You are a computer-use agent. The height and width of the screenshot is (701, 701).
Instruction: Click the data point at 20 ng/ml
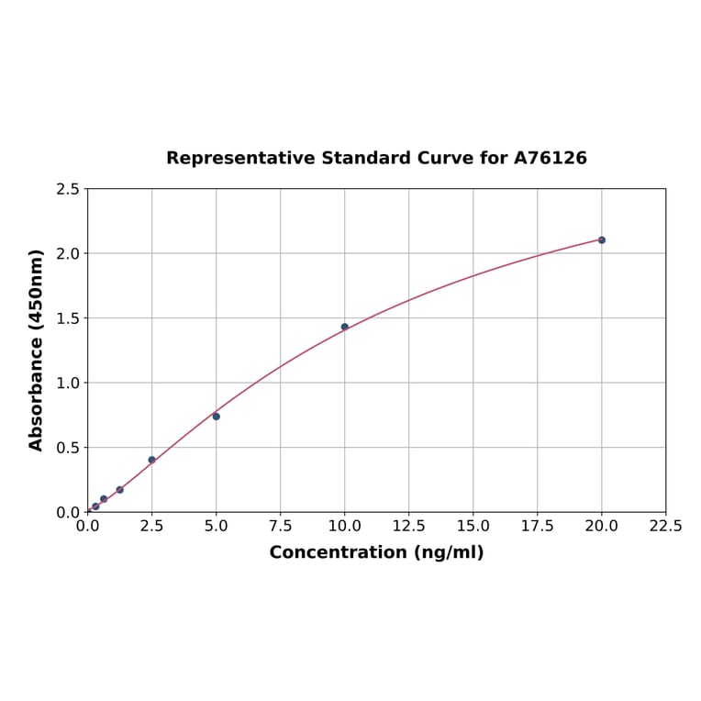coord(602,239)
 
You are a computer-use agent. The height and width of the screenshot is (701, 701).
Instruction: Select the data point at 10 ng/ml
coord(345,327)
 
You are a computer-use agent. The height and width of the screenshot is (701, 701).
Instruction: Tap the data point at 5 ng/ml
coord(217,417)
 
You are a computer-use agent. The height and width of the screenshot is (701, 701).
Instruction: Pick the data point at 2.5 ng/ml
coord(152,460)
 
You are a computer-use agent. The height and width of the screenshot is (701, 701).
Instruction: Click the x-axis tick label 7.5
coord(280,527)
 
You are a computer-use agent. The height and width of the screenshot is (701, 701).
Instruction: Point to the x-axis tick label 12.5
coord(408,527)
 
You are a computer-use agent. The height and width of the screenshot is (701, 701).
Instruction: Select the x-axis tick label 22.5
coord(665,527)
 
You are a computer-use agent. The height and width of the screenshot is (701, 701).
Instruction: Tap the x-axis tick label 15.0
coord(473,527)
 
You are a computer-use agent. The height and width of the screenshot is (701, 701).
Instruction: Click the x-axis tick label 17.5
coord(537,527)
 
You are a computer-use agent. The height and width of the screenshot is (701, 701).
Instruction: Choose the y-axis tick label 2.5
coord(68,189)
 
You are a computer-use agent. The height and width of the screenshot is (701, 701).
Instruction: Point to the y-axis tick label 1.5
coord(68,318)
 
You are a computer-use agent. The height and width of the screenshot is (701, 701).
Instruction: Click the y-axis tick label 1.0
coord(68,383)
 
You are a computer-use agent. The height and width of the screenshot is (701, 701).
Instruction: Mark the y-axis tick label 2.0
coord(68,253)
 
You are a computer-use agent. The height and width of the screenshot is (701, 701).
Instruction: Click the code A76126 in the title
coord(550,158)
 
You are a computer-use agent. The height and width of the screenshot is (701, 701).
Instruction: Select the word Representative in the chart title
coord(240,158)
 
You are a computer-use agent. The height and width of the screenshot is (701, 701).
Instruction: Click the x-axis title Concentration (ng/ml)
coord(376,552)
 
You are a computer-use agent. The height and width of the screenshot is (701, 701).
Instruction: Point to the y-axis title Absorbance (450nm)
coord(37,350)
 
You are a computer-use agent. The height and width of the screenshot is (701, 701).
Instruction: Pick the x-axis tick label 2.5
coord(151,527)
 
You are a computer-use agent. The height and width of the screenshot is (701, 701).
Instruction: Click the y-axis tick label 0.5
coord(68,448)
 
